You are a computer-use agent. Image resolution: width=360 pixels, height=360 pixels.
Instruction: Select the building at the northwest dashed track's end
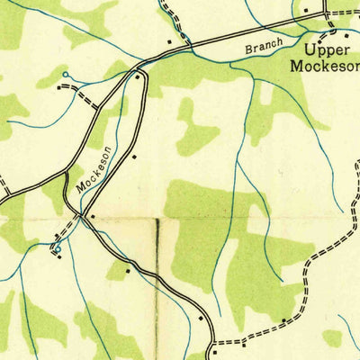tap(60, 88)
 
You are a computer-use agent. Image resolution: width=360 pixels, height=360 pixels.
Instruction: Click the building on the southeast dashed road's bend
tap(285, 319)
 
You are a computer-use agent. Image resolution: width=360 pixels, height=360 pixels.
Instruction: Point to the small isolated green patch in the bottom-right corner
tap(332, 337)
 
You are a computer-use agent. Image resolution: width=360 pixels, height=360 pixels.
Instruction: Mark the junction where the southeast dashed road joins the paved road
tap(213, 344)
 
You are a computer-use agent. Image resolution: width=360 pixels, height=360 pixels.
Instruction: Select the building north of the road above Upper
tap(305, 11)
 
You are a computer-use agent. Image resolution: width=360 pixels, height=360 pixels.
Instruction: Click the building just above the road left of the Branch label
tap(169, 41)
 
